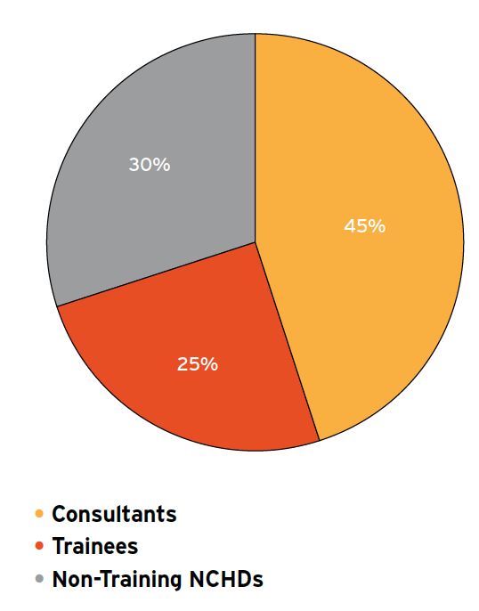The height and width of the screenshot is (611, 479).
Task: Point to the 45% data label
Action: pos(364,226)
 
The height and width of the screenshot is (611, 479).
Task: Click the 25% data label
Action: pos(198,363)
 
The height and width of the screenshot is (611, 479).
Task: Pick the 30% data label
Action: pos(149,165)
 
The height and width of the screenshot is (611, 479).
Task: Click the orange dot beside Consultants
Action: pos(38,514)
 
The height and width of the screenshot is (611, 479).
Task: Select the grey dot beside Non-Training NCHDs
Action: pos(38,580)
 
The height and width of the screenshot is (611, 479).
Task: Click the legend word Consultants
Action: pos(114,514)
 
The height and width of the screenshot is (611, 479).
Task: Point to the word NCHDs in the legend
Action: pos(228,580)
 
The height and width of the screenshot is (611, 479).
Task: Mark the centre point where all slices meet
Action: pos(256,241)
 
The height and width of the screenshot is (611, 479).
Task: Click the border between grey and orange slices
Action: pos(256,134)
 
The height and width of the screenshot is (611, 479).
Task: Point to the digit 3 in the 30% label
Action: pos(134,165)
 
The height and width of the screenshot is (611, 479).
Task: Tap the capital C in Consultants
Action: pos(59,514)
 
